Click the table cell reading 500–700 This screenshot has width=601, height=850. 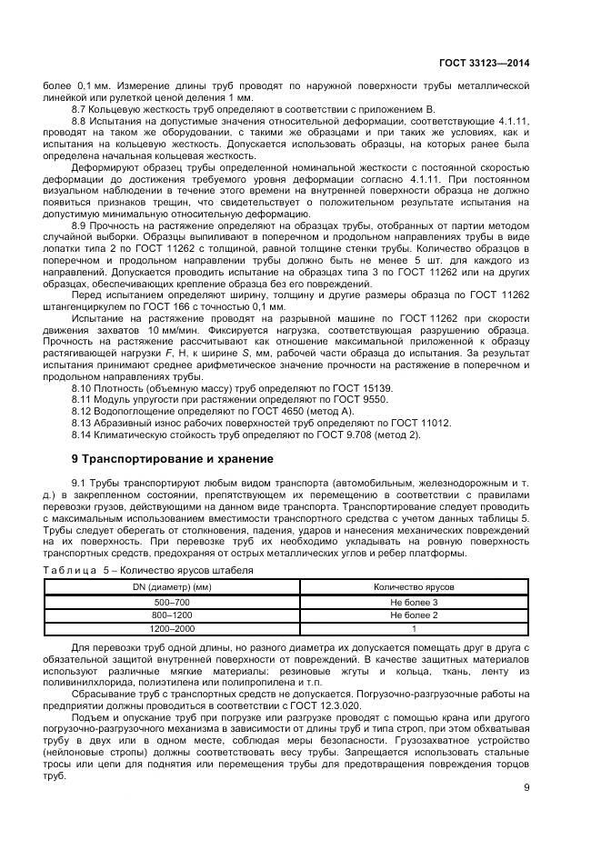(x=172, y=602)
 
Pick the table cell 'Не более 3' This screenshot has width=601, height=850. (x=414, y=602)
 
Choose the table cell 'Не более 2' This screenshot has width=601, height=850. (x=414, y=615)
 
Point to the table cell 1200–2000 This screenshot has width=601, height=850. (x=172, y=627)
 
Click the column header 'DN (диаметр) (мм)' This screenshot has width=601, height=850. (x=172, y=588)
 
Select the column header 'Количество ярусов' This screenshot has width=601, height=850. (x=414, y=588)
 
